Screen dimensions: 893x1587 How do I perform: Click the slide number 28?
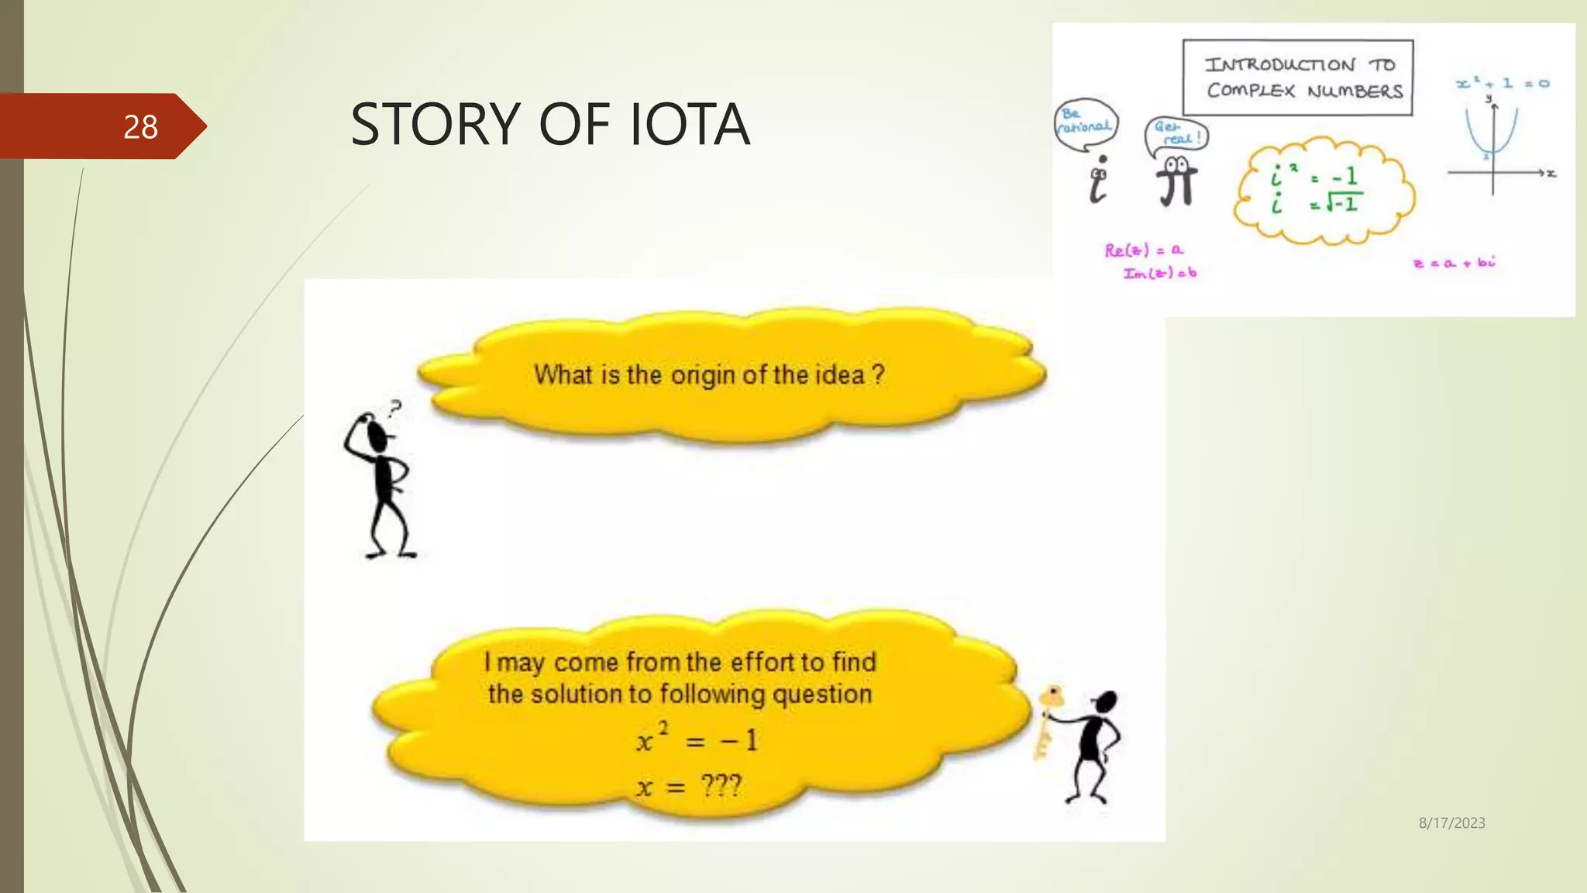coord(140,126)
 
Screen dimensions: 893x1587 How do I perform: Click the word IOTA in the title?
coord(689,124)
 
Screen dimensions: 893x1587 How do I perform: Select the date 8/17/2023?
coord(1451,823)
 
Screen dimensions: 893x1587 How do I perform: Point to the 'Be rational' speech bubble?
coord(1085,122)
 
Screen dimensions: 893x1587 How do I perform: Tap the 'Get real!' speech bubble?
coord(1176,134)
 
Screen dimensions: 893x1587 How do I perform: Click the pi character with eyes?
coord(1176,183)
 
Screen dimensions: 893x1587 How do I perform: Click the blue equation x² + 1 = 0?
coord(1502,83)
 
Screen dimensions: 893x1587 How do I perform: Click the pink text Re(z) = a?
coord(1143,250)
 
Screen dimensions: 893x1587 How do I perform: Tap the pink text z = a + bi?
coord(1454,263)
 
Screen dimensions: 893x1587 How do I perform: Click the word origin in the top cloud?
coord(703,375)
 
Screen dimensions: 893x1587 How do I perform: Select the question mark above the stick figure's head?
coord(396,407)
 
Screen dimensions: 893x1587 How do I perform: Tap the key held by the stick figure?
coord(1048,717)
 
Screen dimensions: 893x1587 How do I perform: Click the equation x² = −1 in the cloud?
coord(697,739)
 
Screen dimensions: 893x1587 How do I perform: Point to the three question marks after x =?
coord(721,786)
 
